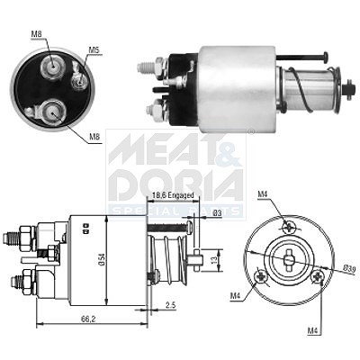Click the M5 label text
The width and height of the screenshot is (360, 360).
pyautogui.click(x=94, y=50)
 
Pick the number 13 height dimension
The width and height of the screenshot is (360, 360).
pyautogui.click(x=212, y=260)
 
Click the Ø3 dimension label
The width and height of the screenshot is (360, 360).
pyautogui.click(x=217, y=213)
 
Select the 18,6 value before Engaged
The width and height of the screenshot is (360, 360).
pyautogui.click(x=159, y=195)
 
